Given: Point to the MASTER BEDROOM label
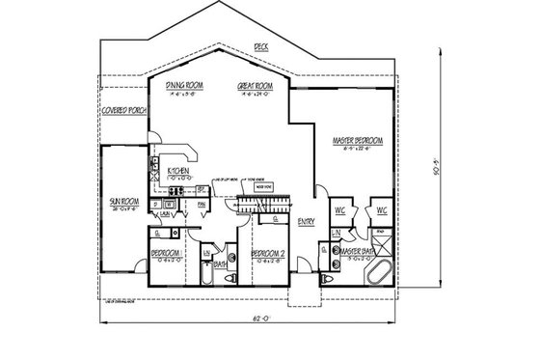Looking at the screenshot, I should click(x=358, y=141).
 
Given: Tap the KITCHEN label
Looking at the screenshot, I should click(x=179, y=171).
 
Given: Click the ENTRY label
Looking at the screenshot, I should click(x=307, y=221).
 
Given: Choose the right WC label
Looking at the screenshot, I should click(x=382, y=209).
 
